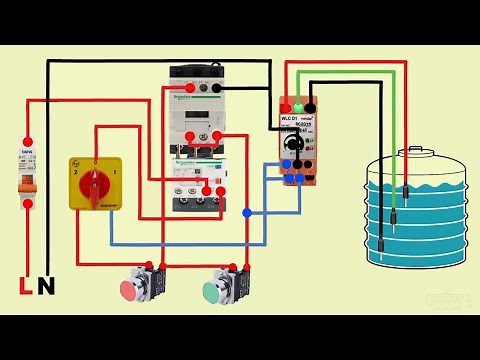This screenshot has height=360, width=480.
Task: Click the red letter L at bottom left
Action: coord(26,287)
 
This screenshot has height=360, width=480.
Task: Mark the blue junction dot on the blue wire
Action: coord(247,212)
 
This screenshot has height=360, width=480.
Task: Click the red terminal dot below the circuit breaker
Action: coord(28,204)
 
